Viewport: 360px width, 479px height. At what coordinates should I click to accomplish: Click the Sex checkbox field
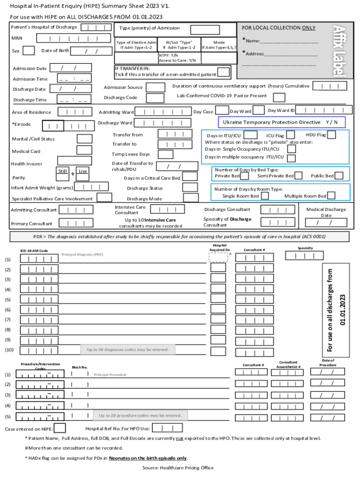[29, 51]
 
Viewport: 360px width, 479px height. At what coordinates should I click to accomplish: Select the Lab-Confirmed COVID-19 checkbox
[279, 97]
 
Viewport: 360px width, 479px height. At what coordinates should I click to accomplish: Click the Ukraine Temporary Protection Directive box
[282, 122]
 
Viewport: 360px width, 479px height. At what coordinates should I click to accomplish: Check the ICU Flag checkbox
[290, 135]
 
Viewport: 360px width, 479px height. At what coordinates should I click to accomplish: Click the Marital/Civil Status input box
[84, 138]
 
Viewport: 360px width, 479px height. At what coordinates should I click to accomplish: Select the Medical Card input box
[84, 150]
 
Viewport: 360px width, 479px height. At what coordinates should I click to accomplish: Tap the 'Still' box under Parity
[62, 171]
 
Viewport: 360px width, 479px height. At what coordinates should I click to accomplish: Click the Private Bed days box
[246, 176]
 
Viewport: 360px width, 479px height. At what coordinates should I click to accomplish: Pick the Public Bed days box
[339, 176]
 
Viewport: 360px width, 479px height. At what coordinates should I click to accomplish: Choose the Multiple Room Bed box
[331, 196]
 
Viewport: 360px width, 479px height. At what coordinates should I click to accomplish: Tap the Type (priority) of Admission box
[205, 29]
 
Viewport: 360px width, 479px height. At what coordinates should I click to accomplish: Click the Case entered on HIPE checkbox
[60, 428]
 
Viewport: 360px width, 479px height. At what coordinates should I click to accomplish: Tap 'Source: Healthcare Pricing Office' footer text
[178, 468]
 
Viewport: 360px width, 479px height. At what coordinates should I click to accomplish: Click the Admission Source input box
[155, 87]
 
